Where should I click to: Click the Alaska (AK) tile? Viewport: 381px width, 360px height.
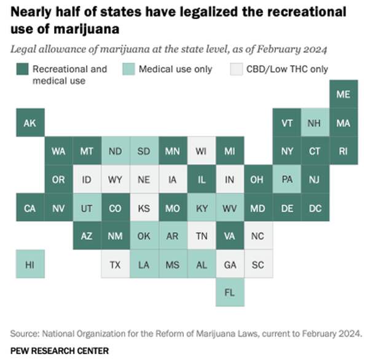29,123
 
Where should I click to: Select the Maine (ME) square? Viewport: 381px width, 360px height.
343,95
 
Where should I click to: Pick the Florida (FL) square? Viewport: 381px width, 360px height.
230,292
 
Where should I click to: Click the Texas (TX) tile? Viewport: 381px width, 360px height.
115,264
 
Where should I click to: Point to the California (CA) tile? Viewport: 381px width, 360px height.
29,208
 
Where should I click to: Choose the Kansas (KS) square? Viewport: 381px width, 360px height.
144,208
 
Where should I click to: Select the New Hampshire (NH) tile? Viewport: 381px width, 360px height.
315,123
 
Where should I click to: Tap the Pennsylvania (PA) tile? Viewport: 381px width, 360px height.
286,179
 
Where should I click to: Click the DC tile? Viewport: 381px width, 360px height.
315,208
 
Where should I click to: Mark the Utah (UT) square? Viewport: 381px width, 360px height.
87,208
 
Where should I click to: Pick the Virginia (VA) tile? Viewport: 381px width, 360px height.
230,236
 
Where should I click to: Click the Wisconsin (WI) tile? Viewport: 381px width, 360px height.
201,151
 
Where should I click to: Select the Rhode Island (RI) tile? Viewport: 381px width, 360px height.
343,151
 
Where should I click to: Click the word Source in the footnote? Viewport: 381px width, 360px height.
24,334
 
